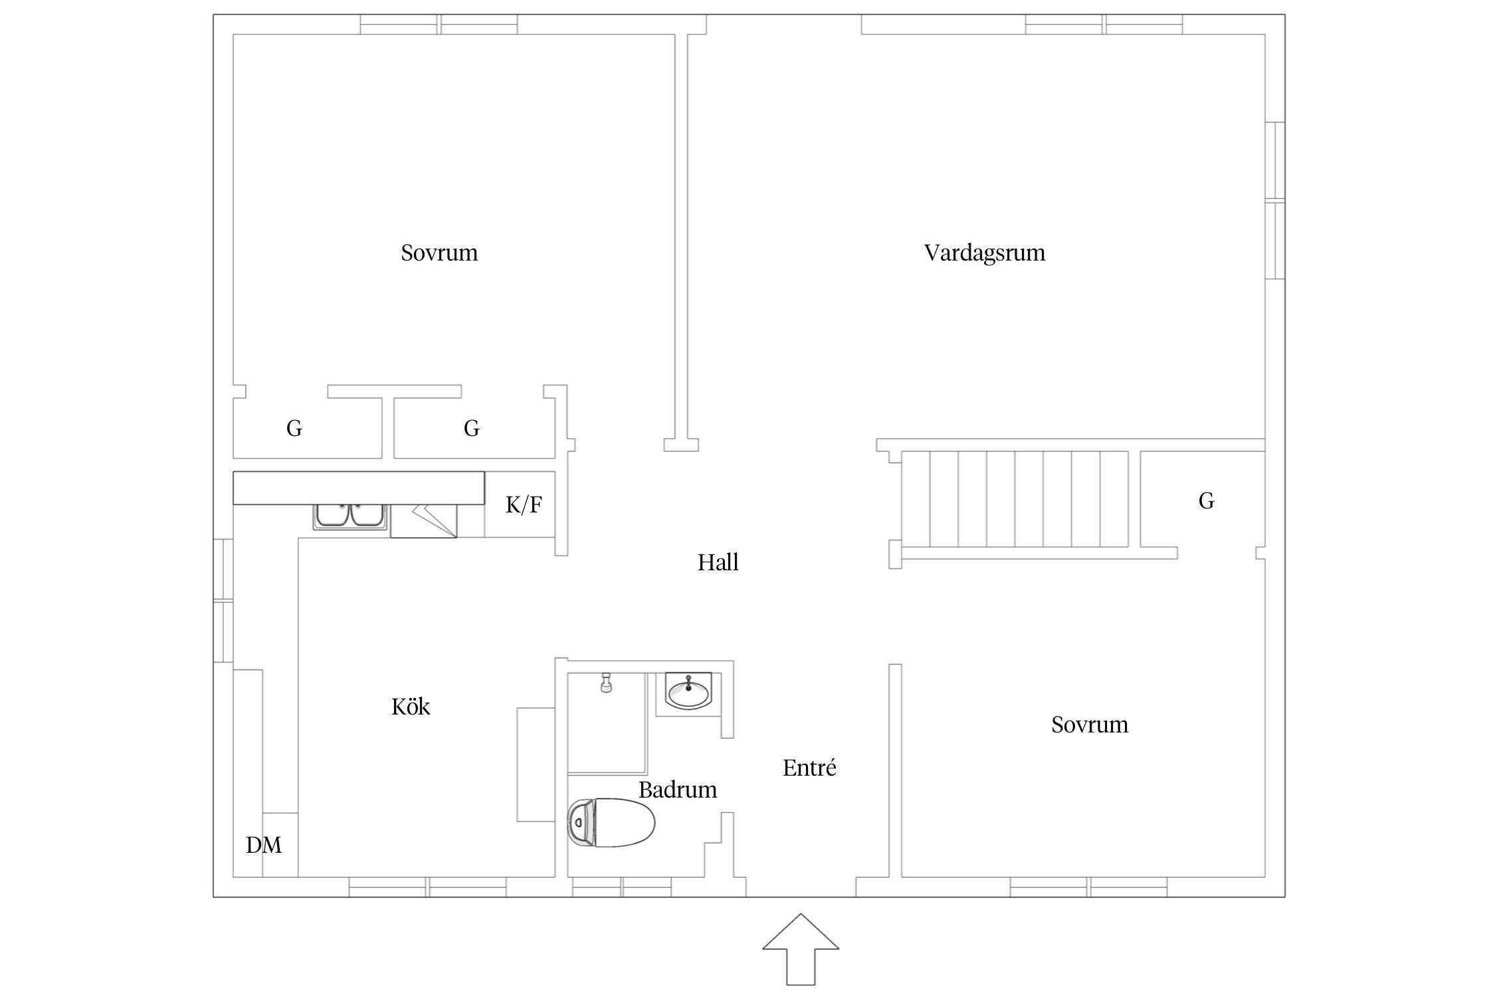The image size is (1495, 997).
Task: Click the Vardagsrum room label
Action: pos(984,253)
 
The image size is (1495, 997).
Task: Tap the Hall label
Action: pos(718,563)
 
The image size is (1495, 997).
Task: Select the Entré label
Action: pos(809,768)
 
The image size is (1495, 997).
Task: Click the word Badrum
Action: pos(677,790)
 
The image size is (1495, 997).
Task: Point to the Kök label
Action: pos(410,707)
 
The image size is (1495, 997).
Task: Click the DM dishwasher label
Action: pos(264,845)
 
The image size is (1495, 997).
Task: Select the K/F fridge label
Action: pos(524,505)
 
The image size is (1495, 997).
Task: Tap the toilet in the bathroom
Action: pos(611,823)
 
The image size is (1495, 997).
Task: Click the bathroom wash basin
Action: pos(689,691)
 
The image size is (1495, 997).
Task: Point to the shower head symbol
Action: pos(605,683)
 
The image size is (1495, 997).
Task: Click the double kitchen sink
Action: pos(350,516)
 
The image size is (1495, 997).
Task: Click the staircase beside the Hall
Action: pos(1015,499)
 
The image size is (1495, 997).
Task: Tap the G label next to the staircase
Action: pos(1206,501)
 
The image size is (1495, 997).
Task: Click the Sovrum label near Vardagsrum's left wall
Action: pos(439,253)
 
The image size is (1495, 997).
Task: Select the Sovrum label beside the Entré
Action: pos(1089,725)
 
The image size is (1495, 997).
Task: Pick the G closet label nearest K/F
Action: pos(471,429)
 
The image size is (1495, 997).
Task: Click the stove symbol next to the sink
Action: pos(424,520)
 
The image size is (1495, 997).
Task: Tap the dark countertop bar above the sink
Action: pos(359,488)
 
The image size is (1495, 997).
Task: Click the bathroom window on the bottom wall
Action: pos(621,887)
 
